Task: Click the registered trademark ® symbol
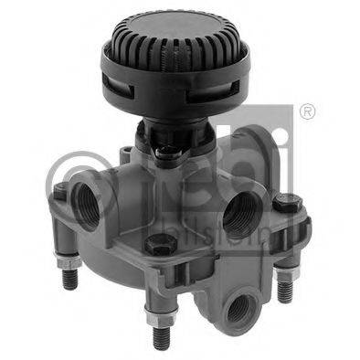pos(307,111)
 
